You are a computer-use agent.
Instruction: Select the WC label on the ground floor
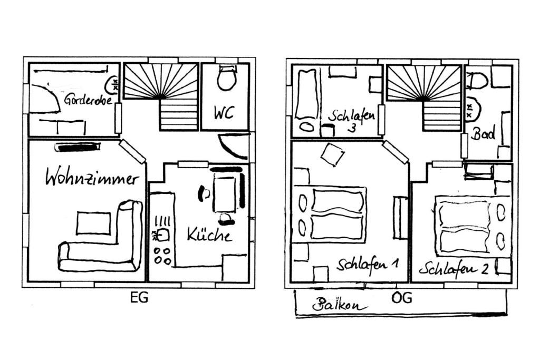point(224,113)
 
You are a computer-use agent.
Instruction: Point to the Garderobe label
point(89,99)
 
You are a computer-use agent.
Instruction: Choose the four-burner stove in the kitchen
point(162,256)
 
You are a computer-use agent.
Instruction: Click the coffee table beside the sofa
point(94,223)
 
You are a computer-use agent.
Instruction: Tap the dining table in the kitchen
point(225,192)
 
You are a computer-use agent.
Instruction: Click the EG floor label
point(139,297)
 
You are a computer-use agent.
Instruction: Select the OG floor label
point(401,297)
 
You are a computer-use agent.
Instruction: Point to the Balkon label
point(340,305)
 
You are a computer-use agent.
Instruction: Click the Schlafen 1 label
point(368,265)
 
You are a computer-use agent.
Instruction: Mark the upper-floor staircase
point(425,98)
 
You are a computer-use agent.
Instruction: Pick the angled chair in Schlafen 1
point(332,154)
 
